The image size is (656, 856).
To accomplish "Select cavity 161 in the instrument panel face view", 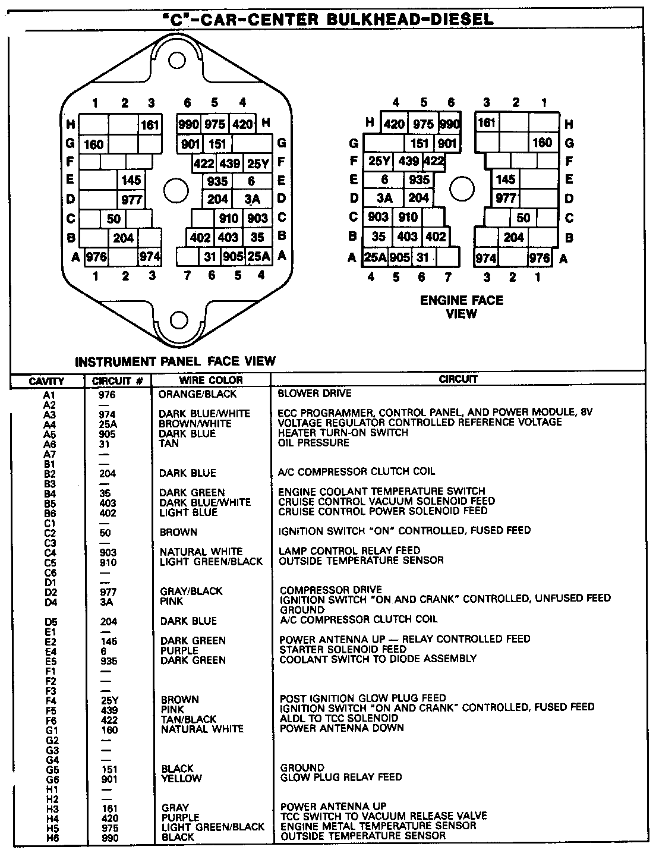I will pyautogui.click(x=150, y=124).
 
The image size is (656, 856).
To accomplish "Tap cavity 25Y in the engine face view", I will pyautogui.click(x=379, y=161).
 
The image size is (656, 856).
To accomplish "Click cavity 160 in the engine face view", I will pyautogui.click(x=543, y=143).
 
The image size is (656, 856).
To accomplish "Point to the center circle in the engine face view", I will pyautogui.click(x=461, y=189).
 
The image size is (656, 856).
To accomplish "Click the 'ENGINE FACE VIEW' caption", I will pyautogui.click(x=462, y=307).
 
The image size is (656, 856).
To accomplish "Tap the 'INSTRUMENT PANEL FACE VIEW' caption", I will pyautogui.click(x=175, y=361).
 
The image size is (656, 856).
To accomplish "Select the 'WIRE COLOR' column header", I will pyautogui.click(x=211, y=380).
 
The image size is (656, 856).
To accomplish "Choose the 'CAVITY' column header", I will pyautogui.click(x=46, y=381).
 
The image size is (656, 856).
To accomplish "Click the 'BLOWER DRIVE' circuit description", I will pyautogui.click(x=314, y=394).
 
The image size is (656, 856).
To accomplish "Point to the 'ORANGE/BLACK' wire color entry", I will pyautogui.click(x=197, y=394).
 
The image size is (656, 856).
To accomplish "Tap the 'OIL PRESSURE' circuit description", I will pyautogui.click(x=313, y=443).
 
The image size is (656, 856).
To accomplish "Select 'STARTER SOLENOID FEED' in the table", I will pyautogui.click(x=342, y=649).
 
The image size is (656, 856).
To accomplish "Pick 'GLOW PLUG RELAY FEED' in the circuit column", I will pyautogui.click(x=340, y=777).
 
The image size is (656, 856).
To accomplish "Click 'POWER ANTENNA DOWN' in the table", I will pyautogui.click(x=342, y=728).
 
